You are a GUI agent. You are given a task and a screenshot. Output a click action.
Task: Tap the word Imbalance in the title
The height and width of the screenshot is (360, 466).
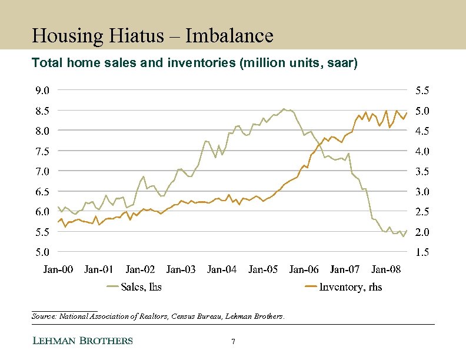(x=229, y=36)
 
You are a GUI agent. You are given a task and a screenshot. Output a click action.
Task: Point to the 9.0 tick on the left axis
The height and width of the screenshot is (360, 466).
(x=41, y=91)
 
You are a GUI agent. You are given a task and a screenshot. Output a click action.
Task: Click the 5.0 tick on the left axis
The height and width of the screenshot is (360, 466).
(x=41, y=252)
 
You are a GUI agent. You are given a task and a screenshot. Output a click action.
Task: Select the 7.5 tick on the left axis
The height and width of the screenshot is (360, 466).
(x=41, y=151)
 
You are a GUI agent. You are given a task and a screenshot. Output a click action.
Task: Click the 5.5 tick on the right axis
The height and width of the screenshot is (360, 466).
(x=422, y=91)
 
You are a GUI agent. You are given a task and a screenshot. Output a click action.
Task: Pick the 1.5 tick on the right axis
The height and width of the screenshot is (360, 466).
(x=422, y=252)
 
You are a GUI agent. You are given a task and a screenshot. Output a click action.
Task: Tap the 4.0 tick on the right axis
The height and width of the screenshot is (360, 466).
(x=422, y=151)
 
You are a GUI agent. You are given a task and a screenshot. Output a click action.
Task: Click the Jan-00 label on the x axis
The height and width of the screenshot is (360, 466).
(x=58, y=269)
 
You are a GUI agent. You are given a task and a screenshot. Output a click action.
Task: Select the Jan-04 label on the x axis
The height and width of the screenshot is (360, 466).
(x=222, y=269)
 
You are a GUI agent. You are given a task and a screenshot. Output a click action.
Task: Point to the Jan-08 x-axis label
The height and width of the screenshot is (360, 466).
(x=386, y=269)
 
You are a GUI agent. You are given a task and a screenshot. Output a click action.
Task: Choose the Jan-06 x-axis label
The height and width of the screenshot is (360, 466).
(x=304, y=269)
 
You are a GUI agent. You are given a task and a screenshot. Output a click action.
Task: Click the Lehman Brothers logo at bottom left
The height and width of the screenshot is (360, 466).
(x=82, y=341)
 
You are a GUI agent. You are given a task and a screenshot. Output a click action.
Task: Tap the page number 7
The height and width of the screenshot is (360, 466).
(x=234, y=342)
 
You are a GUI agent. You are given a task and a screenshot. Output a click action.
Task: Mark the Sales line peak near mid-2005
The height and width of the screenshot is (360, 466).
(x=284, y=109)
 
